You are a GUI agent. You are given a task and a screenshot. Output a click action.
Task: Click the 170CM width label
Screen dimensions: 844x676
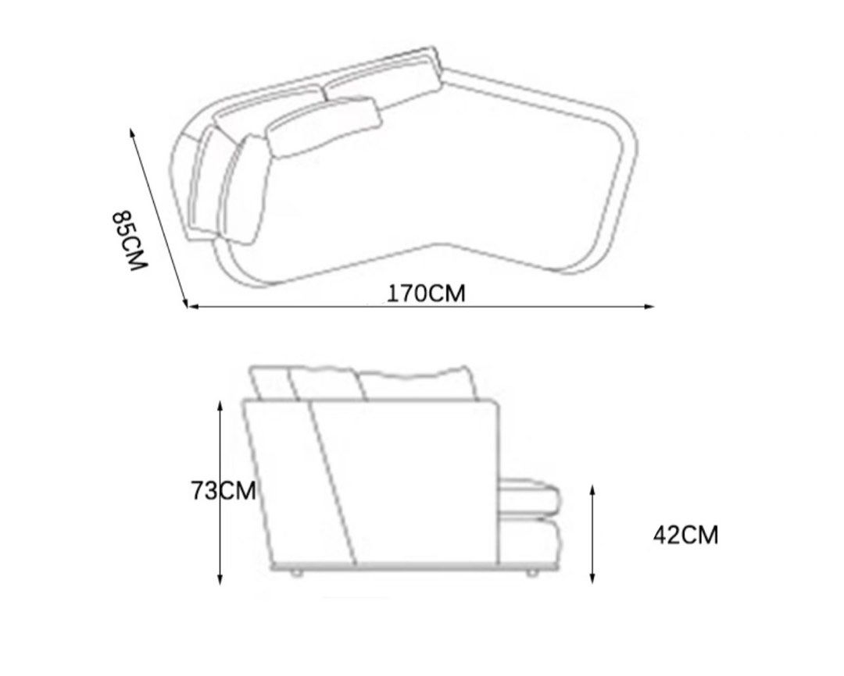tap(426, 294)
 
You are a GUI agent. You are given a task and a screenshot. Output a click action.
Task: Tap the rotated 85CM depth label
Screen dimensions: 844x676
tap(129, 240)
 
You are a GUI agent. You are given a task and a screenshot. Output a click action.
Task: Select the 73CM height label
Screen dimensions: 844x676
tap(224, 490)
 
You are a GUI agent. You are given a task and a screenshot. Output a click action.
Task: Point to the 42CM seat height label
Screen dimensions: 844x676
tap(686, 535)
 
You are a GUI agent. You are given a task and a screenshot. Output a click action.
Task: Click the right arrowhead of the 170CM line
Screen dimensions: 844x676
tap(650, 307)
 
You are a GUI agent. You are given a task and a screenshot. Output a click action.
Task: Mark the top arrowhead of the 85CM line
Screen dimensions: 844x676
tap(132, 133)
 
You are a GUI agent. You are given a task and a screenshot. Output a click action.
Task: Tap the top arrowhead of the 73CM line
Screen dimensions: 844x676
tap(220, 406)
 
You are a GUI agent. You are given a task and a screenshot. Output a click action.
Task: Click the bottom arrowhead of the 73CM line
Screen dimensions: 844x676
tap(220, 578)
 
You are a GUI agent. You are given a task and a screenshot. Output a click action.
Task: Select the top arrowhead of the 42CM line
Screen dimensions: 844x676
tap(592, 490)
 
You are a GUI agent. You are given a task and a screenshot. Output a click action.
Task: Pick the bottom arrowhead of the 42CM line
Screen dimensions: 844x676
tap(592, 578)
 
